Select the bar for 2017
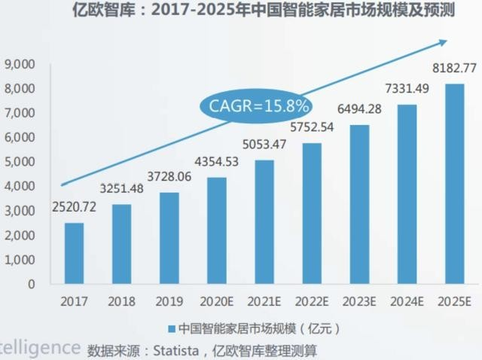[74, 253]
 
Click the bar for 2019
[169, 238]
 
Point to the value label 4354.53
[217, 162]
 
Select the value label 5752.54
[312, 127]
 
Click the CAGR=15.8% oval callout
[256, 106]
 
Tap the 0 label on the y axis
[32, 285]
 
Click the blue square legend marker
[171, 329]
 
